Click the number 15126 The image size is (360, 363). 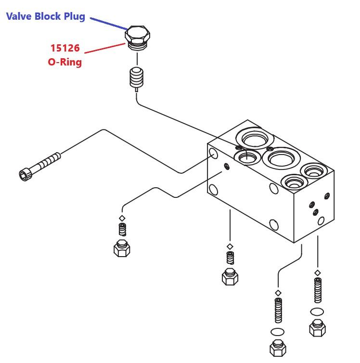coord(65,49)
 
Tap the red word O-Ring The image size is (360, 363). coord(65,62)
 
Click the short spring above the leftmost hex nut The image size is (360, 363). coord(122,230)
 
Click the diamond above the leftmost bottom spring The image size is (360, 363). coord(122,218)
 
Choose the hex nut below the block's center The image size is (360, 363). coord(230,276)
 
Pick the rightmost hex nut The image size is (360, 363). coord(317,327)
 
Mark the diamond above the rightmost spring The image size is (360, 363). coord(317,273)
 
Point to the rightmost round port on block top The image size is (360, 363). coord(313,169)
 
